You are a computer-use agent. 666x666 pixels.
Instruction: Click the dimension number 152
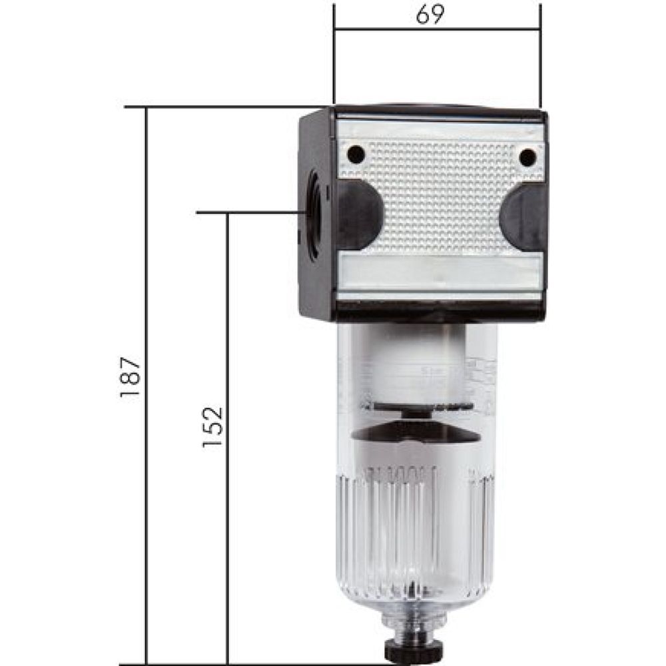click(x=213, y=426)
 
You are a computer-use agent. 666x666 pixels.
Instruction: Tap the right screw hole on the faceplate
click(x=527, y=157)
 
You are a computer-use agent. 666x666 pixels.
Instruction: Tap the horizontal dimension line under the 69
click(x=386, y=29)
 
